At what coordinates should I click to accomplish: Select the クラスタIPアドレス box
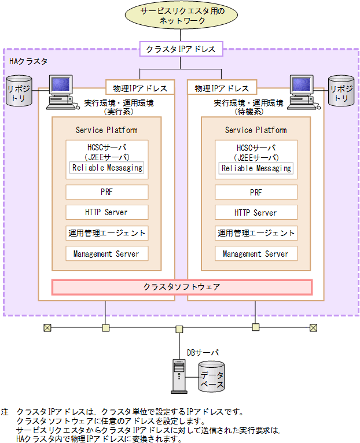coord(181,49)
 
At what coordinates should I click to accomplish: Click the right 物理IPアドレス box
coord(222,88)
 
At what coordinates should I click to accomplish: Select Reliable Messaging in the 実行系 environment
coord(107,168)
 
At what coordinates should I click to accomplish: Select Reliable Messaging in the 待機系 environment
coord(256,168)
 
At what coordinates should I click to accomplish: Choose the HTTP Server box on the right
coord(256,212)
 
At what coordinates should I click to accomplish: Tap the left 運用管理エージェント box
coord(107,233)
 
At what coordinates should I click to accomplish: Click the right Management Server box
coord(256,253)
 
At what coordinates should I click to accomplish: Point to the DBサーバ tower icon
coord(179,376)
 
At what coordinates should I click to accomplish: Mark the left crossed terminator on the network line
coord(47,328)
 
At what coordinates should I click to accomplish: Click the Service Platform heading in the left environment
coord(107,130)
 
